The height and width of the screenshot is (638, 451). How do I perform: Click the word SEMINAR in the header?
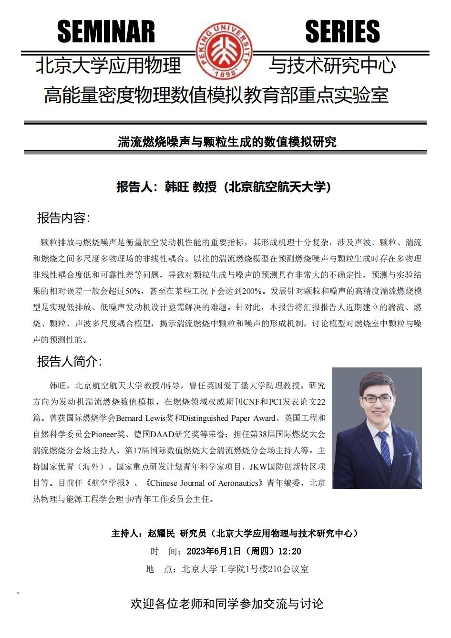pyautogui.click(x=106, y=31)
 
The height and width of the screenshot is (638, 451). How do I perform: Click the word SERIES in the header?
pyautogui.click(x=342, y=31)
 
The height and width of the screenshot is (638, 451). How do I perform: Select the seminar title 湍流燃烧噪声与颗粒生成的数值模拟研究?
pyautogui.click(x=227, y=142)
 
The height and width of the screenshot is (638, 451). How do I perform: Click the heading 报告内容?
pyautogui.click(x=64, y=218)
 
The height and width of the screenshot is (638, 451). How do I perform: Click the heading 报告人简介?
pyautogui.click(x=70, y=361)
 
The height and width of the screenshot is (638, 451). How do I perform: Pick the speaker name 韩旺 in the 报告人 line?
pyautogui.click(x=176, y=187)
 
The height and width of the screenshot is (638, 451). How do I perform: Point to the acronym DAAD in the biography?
pyautogui.click(x=164, y=434)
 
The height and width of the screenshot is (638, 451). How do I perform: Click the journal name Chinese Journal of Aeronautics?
pyautogui.click(x=205, y=483)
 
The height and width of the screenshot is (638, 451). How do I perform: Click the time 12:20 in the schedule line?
pyautogui.click(x=289, y=551)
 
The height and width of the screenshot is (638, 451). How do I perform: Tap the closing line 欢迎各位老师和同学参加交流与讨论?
pyautogui.click(x=227, y=604)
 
